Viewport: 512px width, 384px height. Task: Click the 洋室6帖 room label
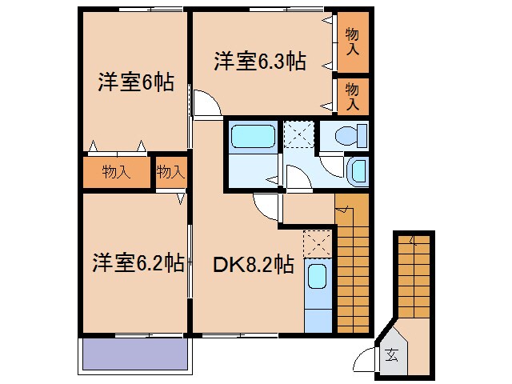(x=136, y=82)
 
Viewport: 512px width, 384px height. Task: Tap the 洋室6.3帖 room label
(x=258, y=62)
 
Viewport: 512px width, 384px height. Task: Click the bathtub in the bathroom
(x=253, y=135)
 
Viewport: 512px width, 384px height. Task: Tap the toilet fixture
(x=350, y=135)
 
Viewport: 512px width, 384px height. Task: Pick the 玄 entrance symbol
(x=392, y=355)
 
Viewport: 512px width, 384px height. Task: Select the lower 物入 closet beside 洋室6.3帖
(x=352, y=96)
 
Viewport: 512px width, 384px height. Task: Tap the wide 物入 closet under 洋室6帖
(x=117, y=171)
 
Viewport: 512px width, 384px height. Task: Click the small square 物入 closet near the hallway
(x=170, y=171)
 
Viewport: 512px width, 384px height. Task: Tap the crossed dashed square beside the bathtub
(x=298, y=134)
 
